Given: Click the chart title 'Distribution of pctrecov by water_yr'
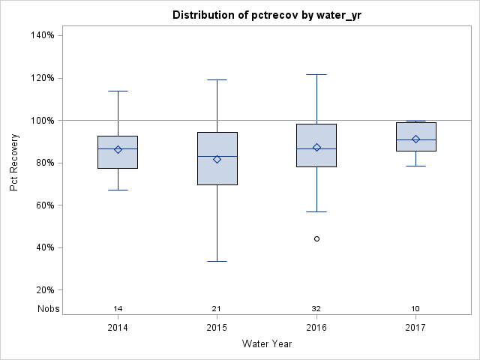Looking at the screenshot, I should [x=266, y=15].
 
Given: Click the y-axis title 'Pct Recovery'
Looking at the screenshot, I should [x=15, y=163].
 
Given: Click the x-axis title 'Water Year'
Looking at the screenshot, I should [x=266, y=344].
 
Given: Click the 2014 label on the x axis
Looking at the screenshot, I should [x=118, y=328].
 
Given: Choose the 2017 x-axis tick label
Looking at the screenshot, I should [x=415, y=328].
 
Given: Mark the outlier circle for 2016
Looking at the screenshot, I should [x=316, y=238].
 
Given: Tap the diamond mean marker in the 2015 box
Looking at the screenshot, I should [x=217, y=159].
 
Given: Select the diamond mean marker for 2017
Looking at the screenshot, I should [x=415, y=139].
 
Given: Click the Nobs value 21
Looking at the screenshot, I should [x=217, y=309].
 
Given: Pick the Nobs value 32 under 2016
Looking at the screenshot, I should [x=316, y=309].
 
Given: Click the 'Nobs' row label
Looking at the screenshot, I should [x=48, y=309].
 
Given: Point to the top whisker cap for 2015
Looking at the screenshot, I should [x=217, y=79].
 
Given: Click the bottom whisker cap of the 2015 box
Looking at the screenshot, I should [x=217, y=261].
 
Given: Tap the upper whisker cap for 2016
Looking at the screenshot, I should [x=316, y=74].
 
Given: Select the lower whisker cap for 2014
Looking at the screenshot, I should [x=118, y=190].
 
